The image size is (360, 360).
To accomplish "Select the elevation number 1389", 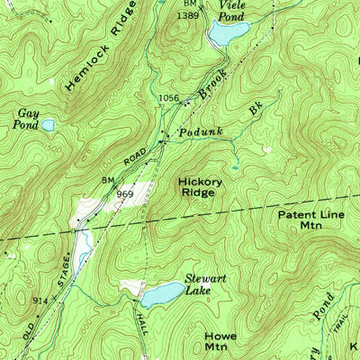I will (187, 16).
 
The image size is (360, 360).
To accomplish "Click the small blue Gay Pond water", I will (48, 125).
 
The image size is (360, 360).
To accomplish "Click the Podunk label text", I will (199, 131).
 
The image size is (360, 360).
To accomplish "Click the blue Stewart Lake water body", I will (160, 293).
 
